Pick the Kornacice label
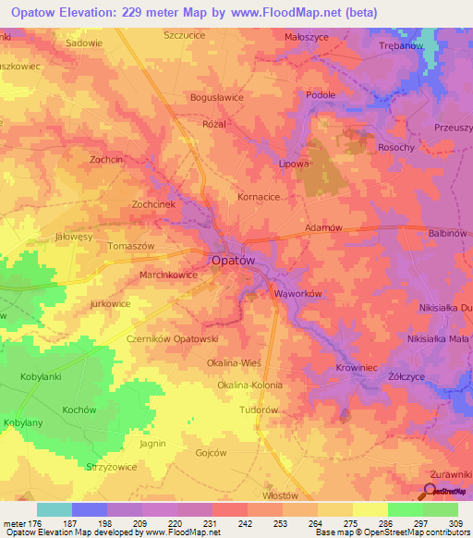pos(259,197)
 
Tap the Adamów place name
pos(323,227)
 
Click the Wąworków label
pos(297,294)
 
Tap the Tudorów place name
pos(259,410)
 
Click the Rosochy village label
pos(396,148)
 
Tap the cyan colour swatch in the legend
pos(55,509)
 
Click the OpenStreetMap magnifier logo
pos(430,492)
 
